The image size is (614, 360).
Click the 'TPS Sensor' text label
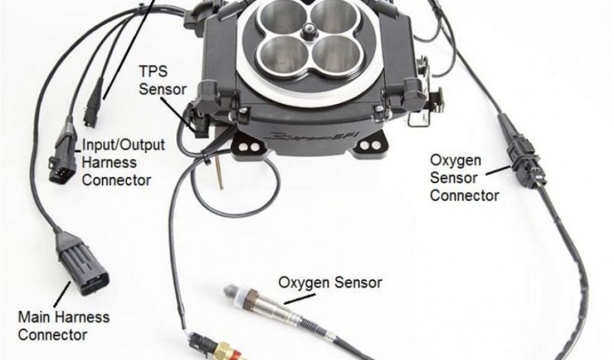point(162,80)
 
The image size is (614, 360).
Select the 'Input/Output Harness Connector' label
point(123,163)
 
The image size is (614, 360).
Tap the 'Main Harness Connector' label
point(64,326)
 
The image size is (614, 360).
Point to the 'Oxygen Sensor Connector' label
point(465,178)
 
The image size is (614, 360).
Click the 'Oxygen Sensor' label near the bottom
point(330,282)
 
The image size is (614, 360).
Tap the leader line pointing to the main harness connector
point(62,293)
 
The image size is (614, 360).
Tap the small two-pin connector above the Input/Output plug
point(92,103)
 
